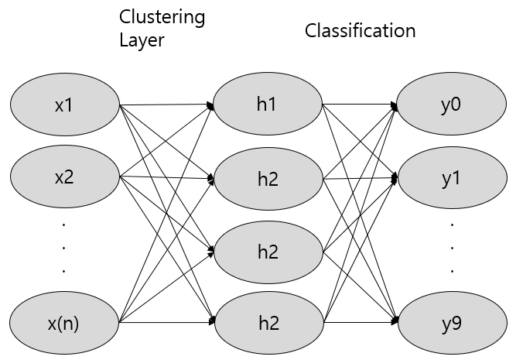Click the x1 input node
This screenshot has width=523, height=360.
pos(64,105)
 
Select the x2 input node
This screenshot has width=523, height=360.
pos(64,177)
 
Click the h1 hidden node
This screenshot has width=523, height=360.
pos(267,105)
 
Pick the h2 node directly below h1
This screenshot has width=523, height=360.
pos(267,180)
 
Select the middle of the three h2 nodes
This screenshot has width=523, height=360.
pos(267,251)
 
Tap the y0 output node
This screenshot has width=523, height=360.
pos(451,105)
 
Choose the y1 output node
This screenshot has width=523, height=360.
pos(451,178)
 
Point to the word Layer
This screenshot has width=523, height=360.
pos(142,40)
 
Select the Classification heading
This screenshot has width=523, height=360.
pos(360,31)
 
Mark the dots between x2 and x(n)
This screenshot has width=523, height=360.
pos(64,248)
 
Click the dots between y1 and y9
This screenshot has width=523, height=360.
pos(451,248)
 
